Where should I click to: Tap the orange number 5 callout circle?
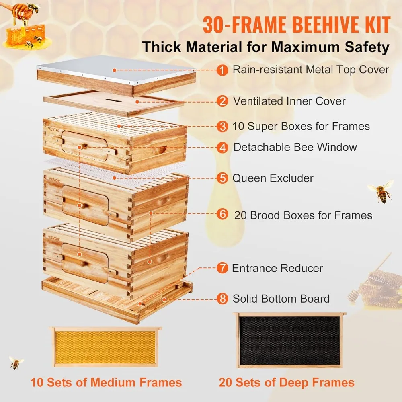221,178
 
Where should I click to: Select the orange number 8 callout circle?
221,299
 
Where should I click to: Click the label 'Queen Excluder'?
273,178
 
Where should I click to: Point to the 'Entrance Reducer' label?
277,268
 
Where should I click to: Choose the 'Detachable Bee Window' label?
295,147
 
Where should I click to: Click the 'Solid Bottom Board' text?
281,299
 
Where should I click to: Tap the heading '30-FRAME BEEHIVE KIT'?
296,25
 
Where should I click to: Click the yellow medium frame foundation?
105,347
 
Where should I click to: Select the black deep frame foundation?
289,340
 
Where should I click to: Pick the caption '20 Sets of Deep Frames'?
287,382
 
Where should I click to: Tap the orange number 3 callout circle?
221,127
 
